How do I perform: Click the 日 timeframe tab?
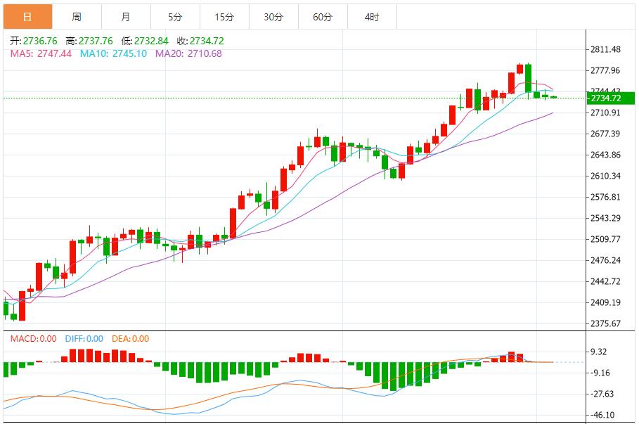27,17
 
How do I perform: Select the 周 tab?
77,17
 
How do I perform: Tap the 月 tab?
126,17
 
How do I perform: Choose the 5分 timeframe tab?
175,17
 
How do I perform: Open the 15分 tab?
224,17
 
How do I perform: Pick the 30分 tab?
273,17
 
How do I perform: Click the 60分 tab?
323,17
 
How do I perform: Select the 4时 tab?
372,17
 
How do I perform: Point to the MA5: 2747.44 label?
41,53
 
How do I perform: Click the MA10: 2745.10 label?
113,53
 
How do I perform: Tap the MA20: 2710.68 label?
188,53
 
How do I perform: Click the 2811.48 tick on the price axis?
606,49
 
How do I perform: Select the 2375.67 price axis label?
606,323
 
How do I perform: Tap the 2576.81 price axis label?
606,197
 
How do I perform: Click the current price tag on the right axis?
605,98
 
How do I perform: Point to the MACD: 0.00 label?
33,339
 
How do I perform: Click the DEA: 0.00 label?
130,339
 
